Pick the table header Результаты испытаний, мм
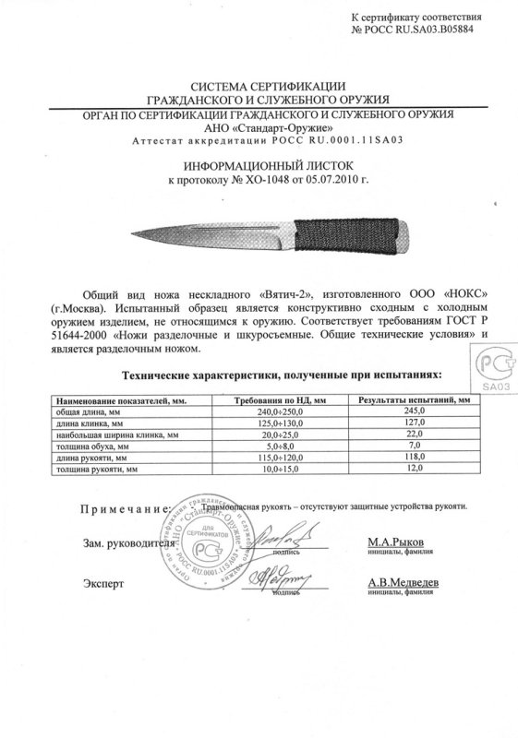click(409, 402)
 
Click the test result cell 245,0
click(409, 413)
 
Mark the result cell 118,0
click(409, 457)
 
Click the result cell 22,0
click(409, 434)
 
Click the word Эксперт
click(102, 586)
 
